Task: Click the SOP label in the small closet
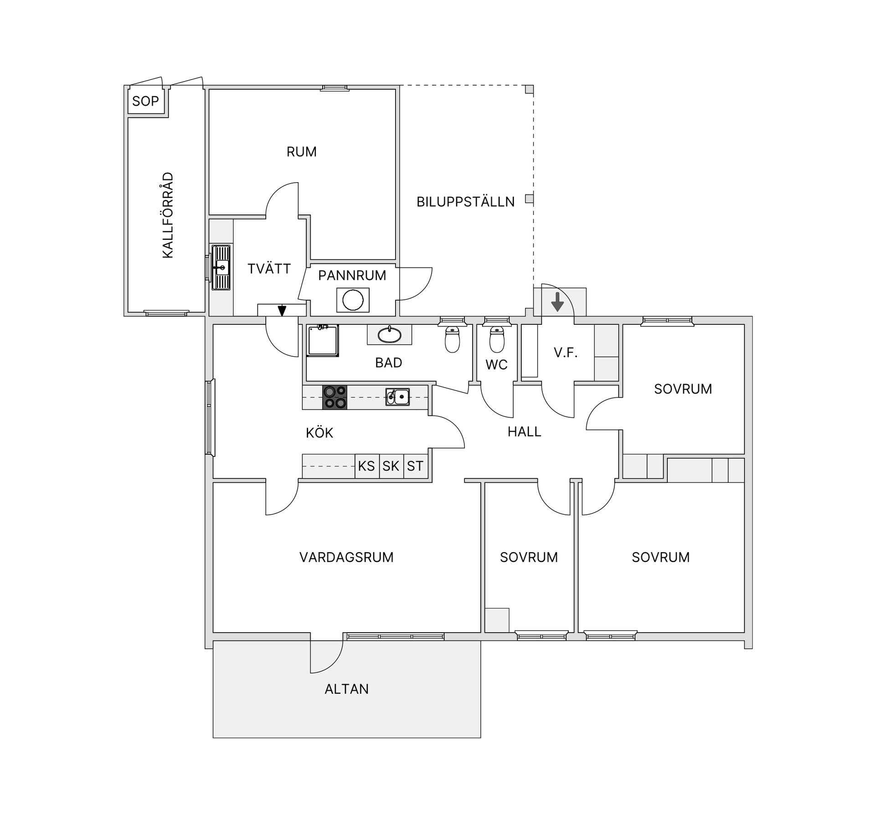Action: pos(145,101)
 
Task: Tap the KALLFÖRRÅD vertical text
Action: pos(168,215)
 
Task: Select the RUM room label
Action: pos(301,152)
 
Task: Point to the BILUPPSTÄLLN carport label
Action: pos(465,202)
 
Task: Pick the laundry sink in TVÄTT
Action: pos(221,267)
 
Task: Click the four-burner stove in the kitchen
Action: pos(335,397)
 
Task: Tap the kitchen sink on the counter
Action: pos(397,397)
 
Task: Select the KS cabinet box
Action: pos(366,466)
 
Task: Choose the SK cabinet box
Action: pos(391,466)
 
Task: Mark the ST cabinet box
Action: pos(415,466)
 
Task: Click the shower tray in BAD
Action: pos(323,340)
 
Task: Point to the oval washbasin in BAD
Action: pos(390,335)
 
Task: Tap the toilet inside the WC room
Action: pos(497,339)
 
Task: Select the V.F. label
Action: pos(566,353)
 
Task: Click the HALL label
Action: pos(524,432)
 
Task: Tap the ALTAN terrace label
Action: pos(346,689)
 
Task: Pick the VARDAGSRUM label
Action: pos(346,557)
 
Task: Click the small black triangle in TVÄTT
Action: pos(282,311)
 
